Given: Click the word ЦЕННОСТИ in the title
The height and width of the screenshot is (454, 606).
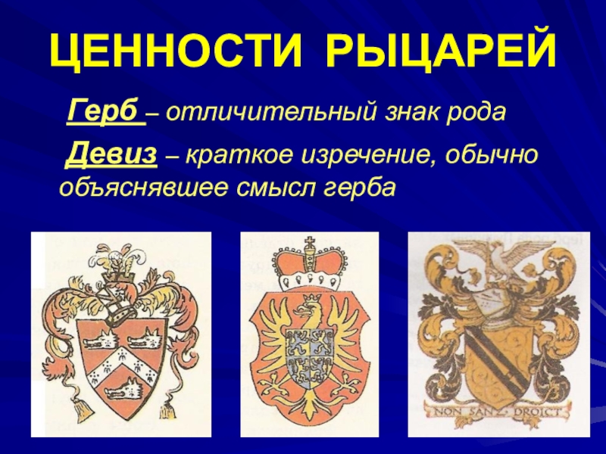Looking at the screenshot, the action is [x=176, y=51].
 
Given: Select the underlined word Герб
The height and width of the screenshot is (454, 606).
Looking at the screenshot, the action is [x=105, y=111].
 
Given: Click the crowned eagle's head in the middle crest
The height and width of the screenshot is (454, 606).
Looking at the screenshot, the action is [x=309, y=308].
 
